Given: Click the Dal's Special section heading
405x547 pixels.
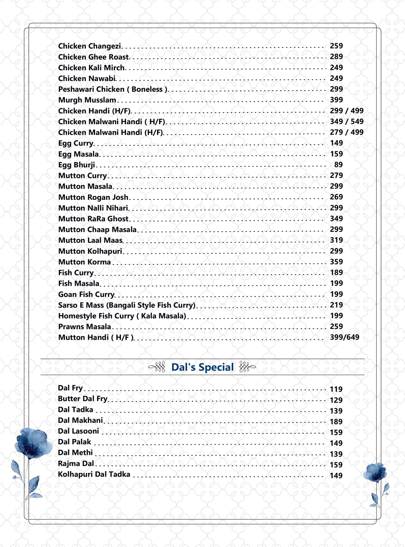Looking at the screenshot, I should [202, 367].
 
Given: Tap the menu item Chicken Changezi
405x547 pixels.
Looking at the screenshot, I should [90, 46].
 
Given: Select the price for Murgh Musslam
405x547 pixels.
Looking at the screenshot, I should [336, 100].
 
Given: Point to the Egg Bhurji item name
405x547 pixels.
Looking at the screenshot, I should [77, 165].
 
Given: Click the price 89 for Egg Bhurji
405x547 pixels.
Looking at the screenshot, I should [338, 165].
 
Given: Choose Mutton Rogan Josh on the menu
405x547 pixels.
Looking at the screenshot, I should [93, 197].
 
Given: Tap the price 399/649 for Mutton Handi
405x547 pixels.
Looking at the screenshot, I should [344, 337].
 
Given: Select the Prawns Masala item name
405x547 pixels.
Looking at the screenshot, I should [84, 327].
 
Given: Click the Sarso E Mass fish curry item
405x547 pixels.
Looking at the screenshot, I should [126, 305].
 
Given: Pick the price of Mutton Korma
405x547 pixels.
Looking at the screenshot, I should [336, 262].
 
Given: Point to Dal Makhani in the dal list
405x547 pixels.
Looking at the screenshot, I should [80, 420].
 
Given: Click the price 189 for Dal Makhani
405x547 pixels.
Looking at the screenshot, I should [336, 422].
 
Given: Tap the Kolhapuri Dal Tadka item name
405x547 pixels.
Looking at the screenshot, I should [94, 474].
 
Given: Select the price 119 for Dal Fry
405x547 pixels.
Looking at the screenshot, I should [336, 389].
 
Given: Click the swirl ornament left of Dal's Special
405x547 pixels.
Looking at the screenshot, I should [157, 367].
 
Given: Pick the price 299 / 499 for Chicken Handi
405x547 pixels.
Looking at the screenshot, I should [346, 111].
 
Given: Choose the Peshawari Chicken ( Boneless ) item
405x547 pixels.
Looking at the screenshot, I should [113, 89].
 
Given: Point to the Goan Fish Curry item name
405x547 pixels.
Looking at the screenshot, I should [86, 294].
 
